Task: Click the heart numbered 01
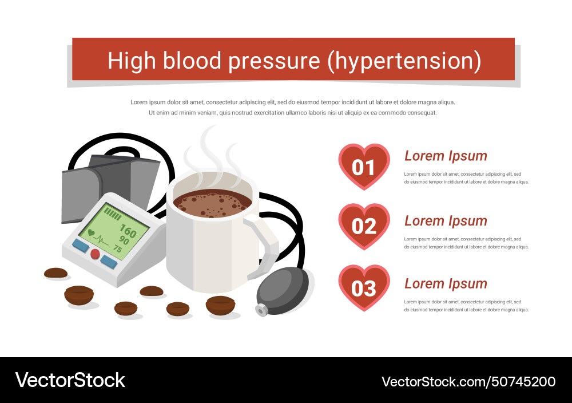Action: pos(364,167)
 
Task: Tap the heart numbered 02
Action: pos(364,226)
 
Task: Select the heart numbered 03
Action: pos(364,288)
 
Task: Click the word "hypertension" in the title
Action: pos(404,61)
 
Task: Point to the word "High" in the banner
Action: pos(132,61)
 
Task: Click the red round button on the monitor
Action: pos(95,254)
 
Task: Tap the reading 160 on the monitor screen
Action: pos(128,230)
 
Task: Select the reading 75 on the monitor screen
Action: pos(117,248)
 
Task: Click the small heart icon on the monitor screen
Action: pos(91,232)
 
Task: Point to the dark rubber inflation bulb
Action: pos(283,291)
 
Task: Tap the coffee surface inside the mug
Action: pos(213,203)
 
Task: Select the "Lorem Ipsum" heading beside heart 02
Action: pos(446,221)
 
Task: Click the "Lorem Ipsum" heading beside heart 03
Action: pos(446,283)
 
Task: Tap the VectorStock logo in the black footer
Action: pos(70,380)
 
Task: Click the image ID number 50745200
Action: pos(524,382)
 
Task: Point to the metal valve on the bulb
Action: pos(261,310)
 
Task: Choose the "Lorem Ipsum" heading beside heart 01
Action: pos(446,156)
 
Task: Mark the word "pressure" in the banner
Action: pos(275,61)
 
